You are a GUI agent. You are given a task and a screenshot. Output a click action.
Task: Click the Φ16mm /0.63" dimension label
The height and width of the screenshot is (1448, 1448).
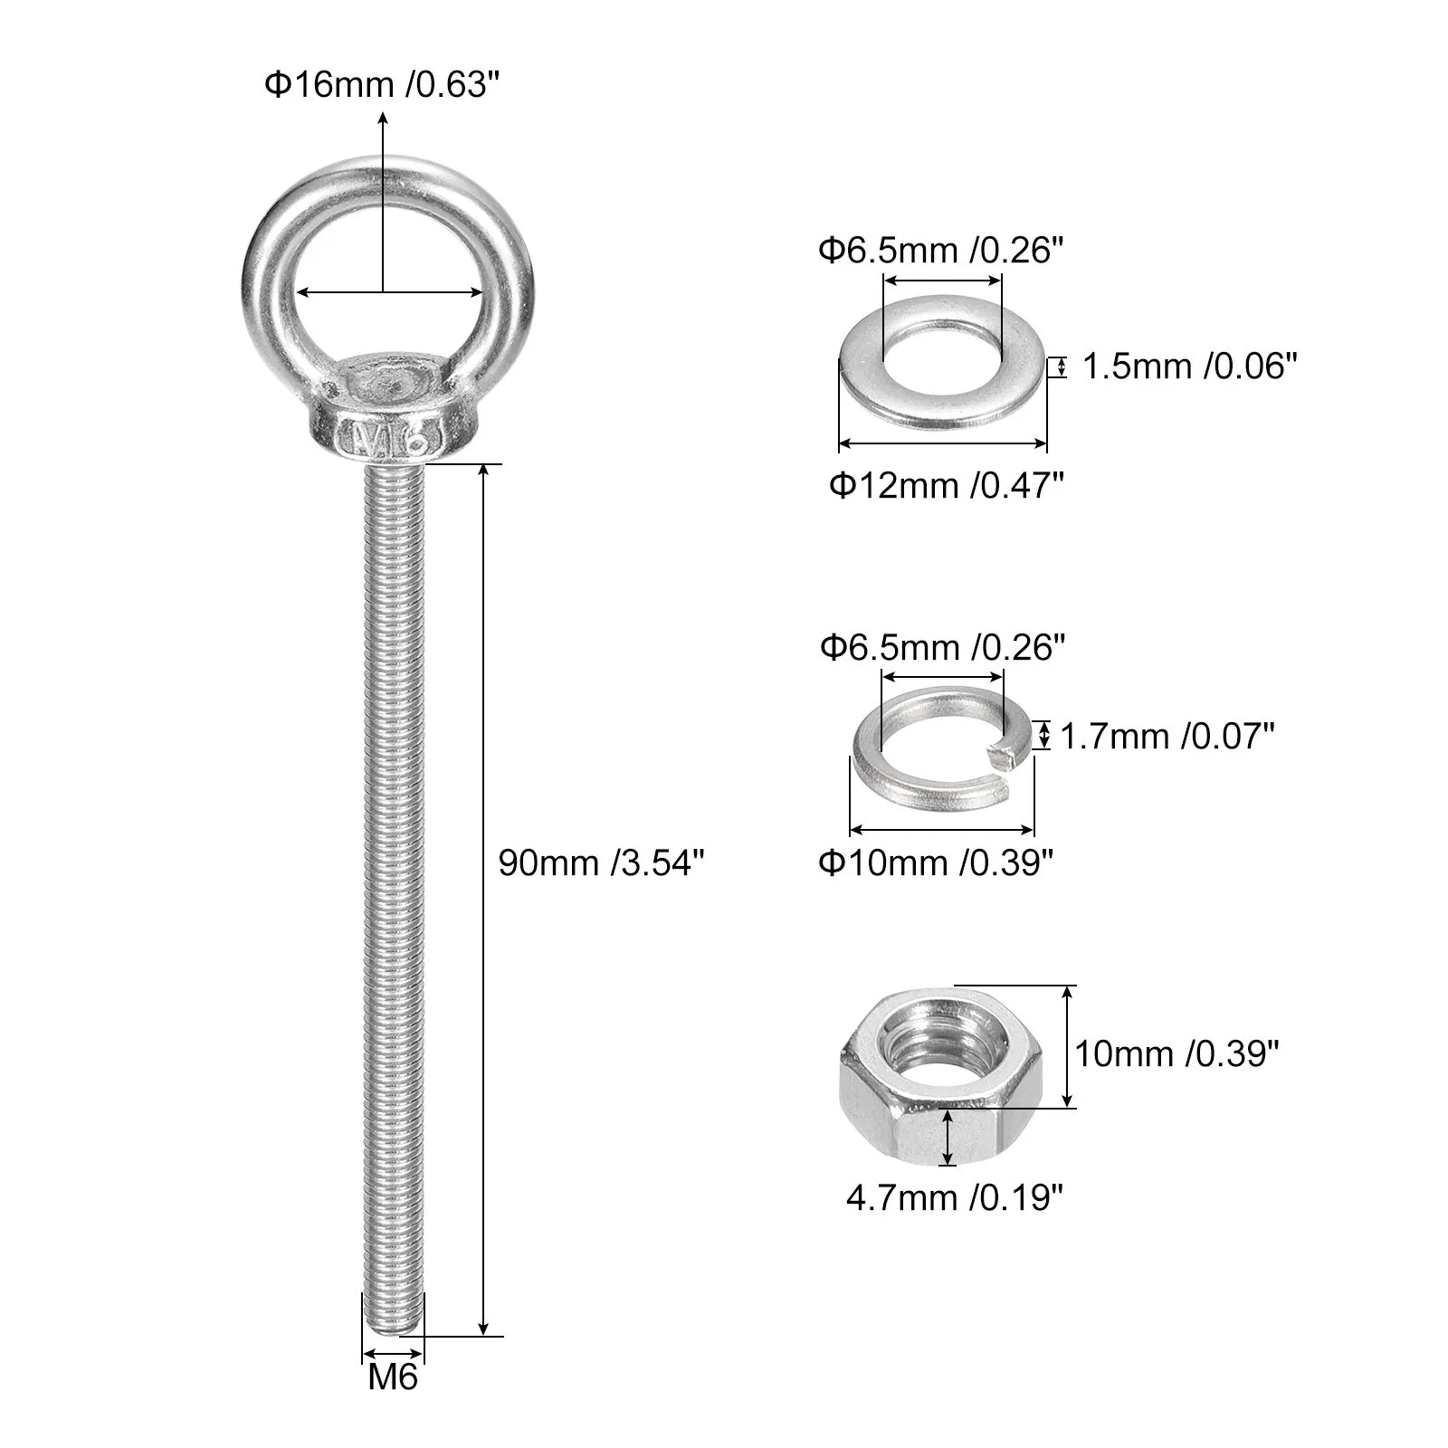pyautogui.click(x=382, y=85)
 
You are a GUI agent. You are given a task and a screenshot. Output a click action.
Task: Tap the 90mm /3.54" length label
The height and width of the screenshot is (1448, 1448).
pyautogui.click(x=601, y=862)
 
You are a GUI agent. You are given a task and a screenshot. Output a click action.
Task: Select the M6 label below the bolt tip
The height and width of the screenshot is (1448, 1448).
pyautogui.click(x=394, y=1377)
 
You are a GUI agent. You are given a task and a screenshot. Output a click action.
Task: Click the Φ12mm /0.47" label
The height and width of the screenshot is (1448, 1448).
pyautogui.click(x=947, y=486)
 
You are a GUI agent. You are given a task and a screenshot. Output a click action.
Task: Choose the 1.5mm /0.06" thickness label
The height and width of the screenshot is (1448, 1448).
pyautogui.click(x=1190, y=367)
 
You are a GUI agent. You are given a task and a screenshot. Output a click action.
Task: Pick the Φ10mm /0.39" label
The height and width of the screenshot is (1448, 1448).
pyautogui.click(x=938, y=862)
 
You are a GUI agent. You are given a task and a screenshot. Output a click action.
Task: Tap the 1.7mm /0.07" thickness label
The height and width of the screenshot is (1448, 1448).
pyautogui.click(x=1167, y=737)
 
